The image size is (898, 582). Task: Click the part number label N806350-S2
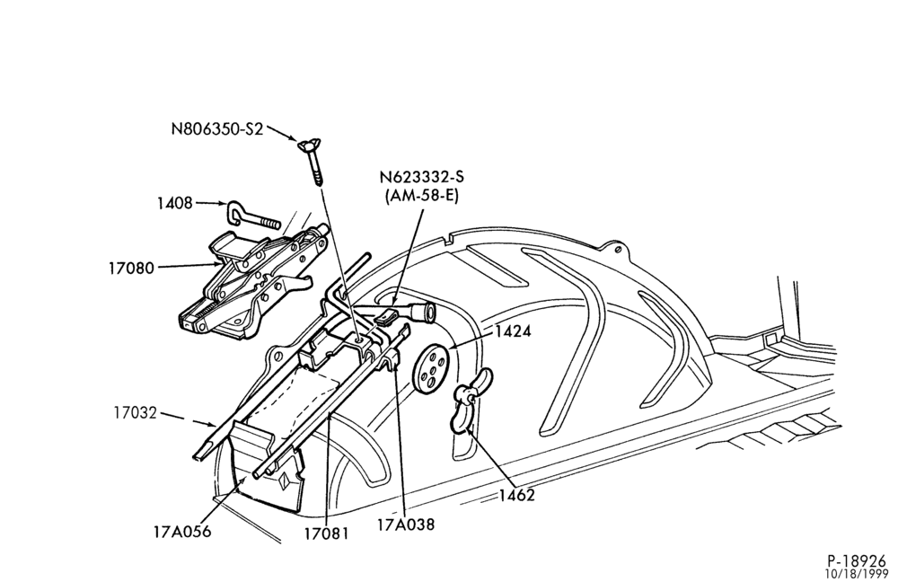point(217,129)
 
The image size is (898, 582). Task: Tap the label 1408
point(175,203)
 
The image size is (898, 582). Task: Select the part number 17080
point(132,268)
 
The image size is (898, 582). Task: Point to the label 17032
point(135,412)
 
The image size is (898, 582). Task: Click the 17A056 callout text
point(182,532)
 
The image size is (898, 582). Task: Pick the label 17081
point(327,533)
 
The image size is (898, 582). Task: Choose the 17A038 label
point(406,524)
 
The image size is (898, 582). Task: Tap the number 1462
point(516,496)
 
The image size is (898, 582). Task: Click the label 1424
point(513,331)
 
